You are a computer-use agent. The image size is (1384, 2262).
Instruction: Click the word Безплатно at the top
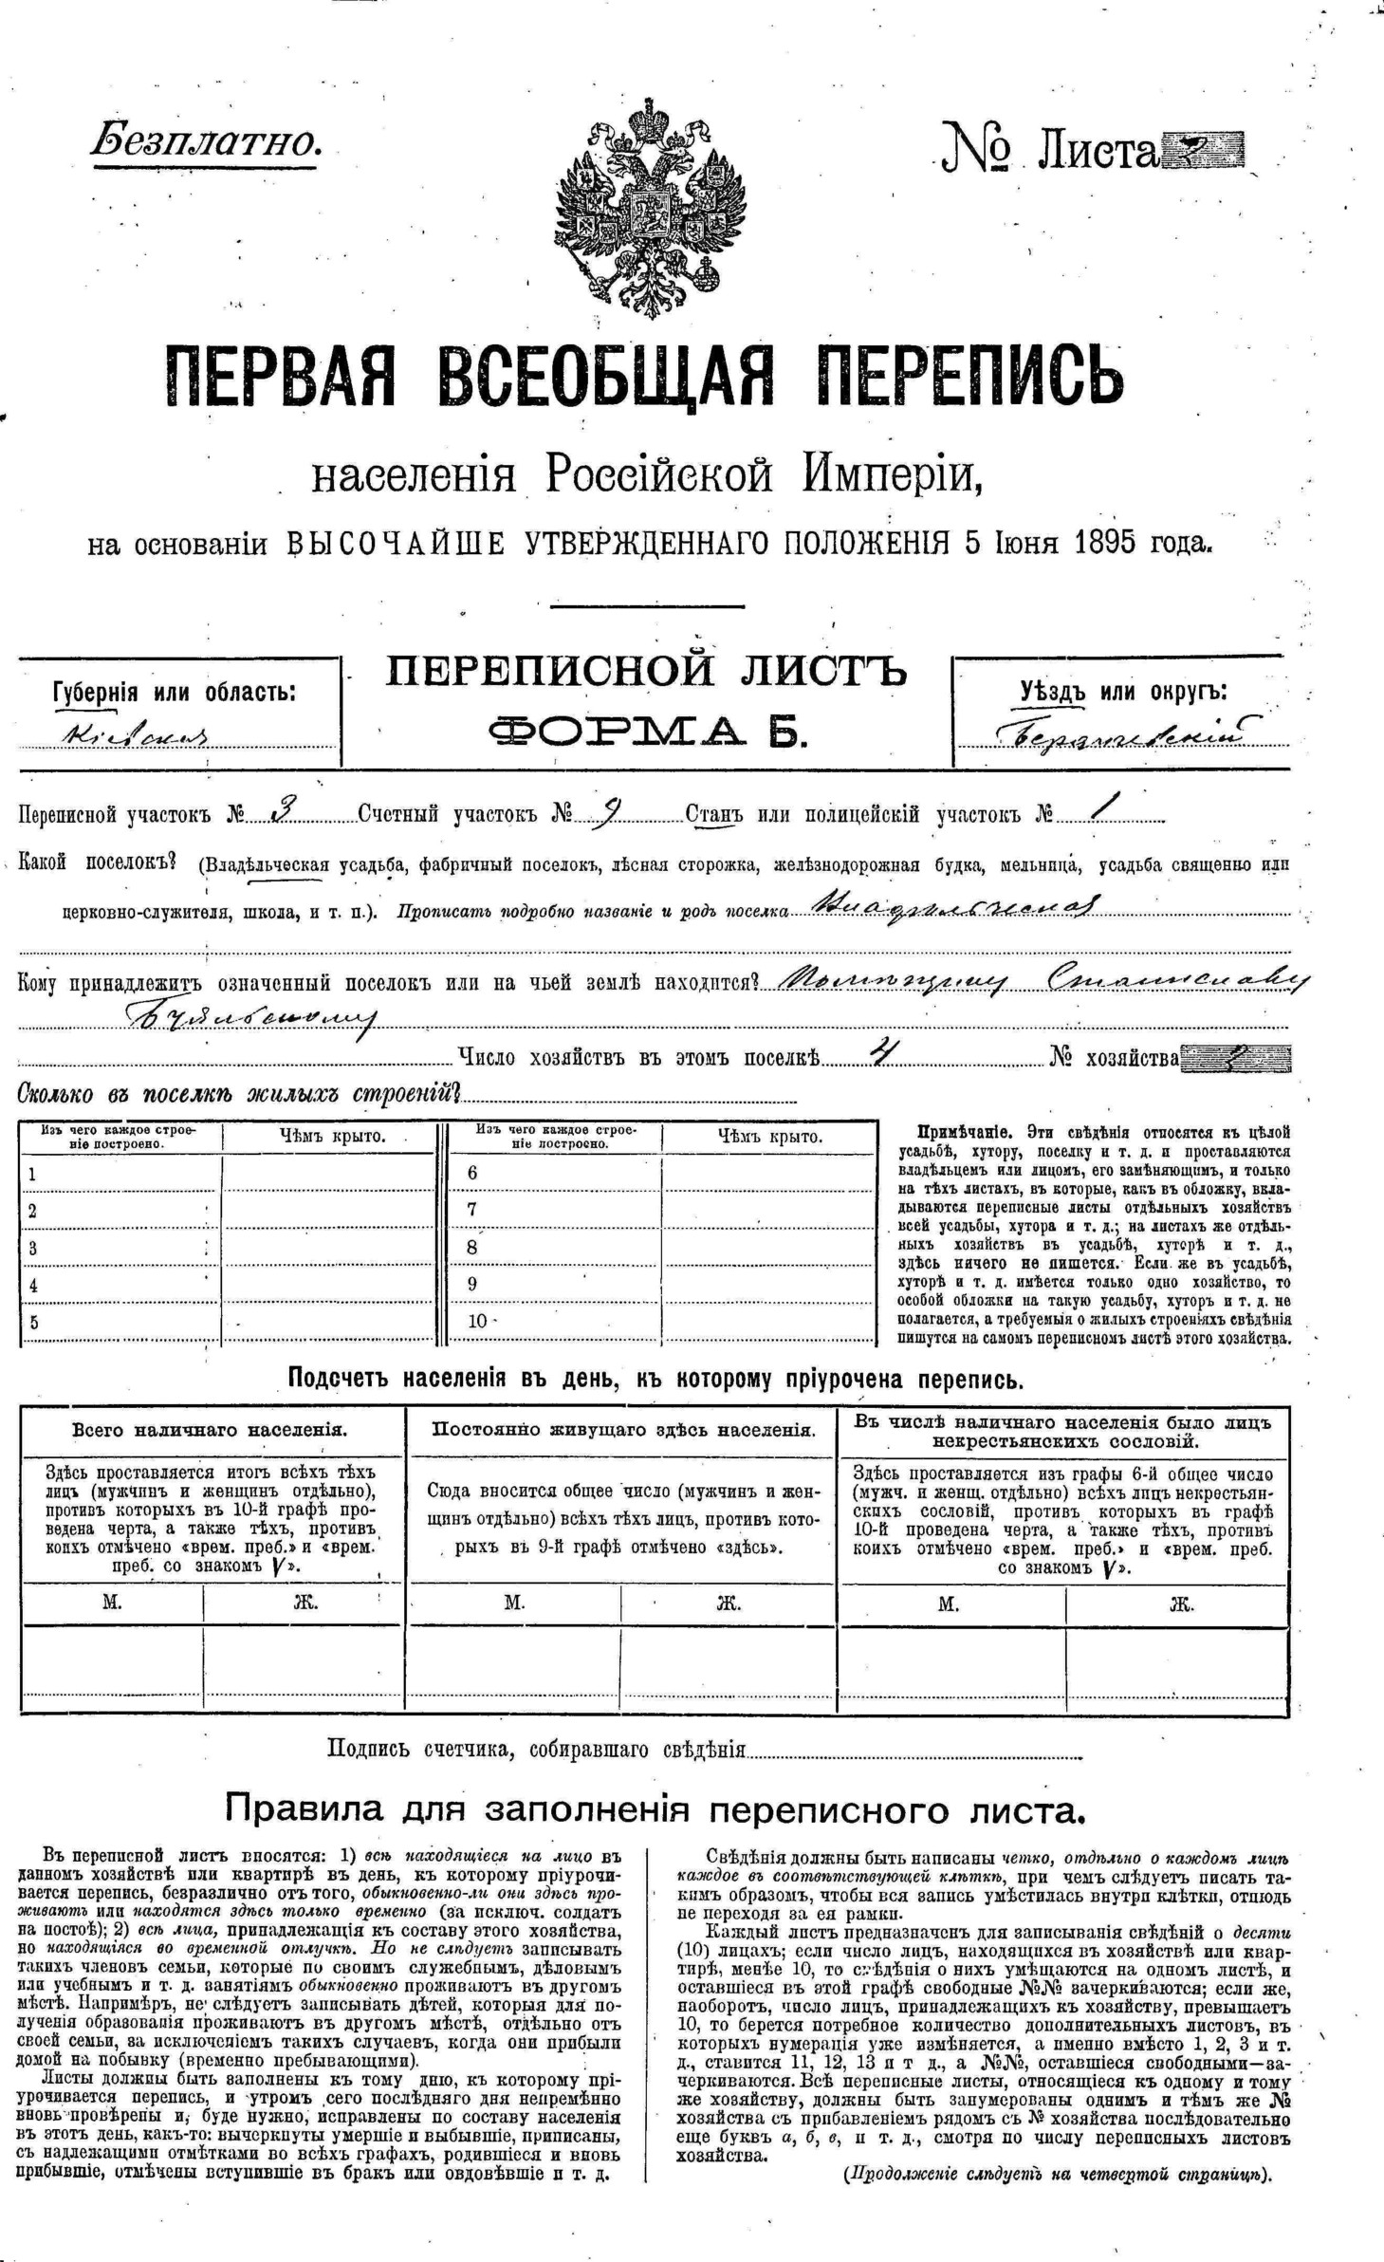coord(207,142)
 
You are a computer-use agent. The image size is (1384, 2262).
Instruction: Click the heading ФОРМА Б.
coord(647,731)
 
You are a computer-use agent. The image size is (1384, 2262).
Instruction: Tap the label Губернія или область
coord(175,692)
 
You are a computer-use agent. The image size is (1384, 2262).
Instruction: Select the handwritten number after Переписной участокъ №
coord(282,811)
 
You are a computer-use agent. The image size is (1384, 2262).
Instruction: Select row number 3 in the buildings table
coord(33,1248)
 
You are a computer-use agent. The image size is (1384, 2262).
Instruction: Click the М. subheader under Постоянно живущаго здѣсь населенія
coord(514,1604)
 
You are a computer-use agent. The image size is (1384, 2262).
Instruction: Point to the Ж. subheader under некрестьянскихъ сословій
coord(1180,1604)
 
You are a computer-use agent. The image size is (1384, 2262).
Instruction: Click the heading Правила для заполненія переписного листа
coord(655,1810)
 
